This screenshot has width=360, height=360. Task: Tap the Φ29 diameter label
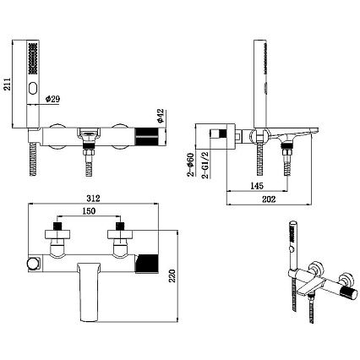[x=52, y=99]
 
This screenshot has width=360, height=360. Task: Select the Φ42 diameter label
[x=160, y=116]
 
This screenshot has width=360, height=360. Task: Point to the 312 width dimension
[x=93, y=199]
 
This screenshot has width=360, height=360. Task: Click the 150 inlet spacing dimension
[x=89, y=210]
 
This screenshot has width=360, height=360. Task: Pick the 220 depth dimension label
[x=172, y=275]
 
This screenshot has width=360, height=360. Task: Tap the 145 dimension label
[x=257, y=186]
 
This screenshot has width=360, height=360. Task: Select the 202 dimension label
[x=269, y=199]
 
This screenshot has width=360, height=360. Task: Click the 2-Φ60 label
[x=191, y=165]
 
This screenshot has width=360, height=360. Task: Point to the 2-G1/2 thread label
[x=205, y=165]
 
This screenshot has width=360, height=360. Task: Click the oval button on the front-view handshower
[x=33, y=88]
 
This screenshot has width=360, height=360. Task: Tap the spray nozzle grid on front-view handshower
[x=33, y=58]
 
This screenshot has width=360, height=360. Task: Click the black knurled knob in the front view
[x=146, y=137]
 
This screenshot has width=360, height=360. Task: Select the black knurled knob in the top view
[x=147, y=264]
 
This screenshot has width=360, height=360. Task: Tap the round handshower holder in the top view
[x=32, y=265]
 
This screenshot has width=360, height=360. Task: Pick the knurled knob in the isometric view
[x=349, y=293]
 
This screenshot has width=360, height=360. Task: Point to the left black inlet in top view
[x=57, y=226]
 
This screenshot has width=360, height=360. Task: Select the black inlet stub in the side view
[x=223, y=134]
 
